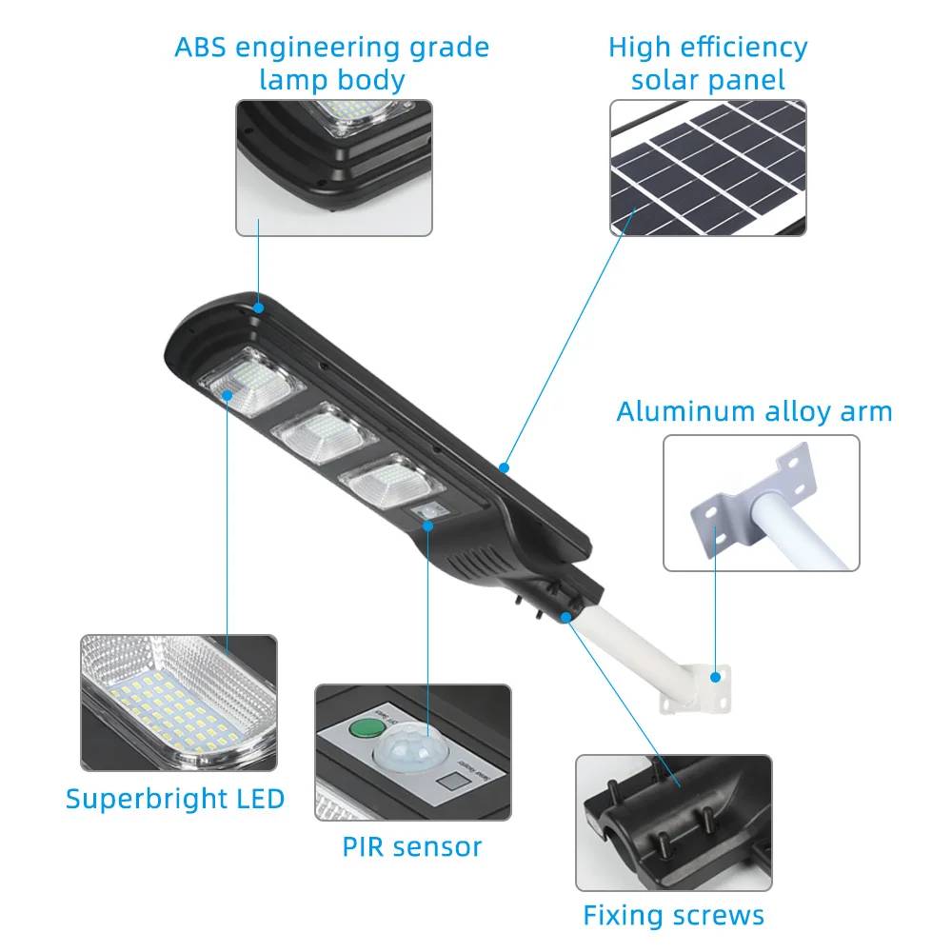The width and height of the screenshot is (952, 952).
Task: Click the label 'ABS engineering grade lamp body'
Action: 331,63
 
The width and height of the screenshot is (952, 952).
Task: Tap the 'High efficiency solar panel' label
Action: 707,63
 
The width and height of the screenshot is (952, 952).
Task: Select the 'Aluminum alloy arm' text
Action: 754,411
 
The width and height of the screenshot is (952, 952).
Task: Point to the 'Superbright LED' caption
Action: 175,798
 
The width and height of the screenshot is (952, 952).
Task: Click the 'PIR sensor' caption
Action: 412,845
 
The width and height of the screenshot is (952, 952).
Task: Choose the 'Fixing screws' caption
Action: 673,916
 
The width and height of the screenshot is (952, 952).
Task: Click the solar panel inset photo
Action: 707,168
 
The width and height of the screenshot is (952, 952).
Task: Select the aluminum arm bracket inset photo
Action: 761,503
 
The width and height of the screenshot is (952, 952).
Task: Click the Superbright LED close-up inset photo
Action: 179,703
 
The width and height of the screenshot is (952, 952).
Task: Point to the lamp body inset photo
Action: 333,168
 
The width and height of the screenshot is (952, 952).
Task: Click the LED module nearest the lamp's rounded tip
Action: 251,385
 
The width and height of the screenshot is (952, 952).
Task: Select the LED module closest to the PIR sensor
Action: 385,478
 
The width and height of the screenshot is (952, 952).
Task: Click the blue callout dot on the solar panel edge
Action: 504,467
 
